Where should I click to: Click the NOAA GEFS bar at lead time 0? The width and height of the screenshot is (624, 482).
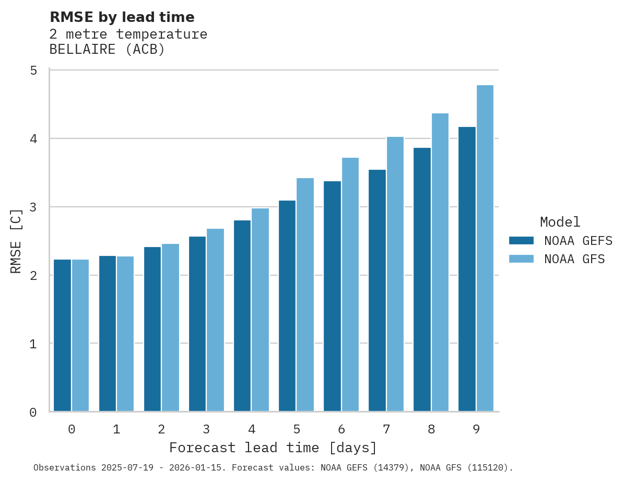coord(63,335)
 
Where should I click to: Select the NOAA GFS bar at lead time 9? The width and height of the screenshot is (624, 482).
coord(485,248)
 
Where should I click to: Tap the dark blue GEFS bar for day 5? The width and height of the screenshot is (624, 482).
coord(287,306)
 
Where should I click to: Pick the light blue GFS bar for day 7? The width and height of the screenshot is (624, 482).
coord(395,274)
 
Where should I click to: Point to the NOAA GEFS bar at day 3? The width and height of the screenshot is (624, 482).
coord(197,324)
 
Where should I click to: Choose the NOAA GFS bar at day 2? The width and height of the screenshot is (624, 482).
coord(170,327)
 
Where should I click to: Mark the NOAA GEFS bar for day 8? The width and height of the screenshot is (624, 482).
coord(422,279)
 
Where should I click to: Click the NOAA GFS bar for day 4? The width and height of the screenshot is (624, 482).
coord(260,310)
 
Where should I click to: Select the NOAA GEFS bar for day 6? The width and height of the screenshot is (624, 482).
coord(332,296)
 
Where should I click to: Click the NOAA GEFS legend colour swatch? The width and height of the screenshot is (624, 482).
coord(521,240)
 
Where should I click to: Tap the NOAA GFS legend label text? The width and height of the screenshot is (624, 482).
coord(574,259)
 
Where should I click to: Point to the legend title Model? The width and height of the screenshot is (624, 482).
coord(560,222)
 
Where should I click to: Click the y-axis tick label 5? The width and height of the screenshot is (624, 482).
coord(33,70)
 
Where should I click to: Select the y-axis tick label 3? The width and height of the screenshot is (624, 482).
coord(33,207)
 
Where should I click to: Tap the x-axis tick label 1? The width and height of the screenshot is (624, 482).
coord(116,429)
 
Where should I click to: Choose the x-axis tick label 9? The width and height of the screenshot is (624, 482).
coord(476,429)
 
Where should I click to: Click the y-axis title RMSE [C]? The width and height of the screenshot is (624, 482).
coord(16,241)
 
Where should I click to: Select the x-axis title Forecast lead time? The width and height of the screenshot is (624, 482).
coord(273,448)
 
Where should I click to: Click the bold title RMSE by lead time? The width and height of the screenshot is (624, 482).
coord(122,17)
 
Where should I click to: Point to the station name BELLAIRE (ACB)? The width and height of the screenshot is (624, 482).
coord(107,50)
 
